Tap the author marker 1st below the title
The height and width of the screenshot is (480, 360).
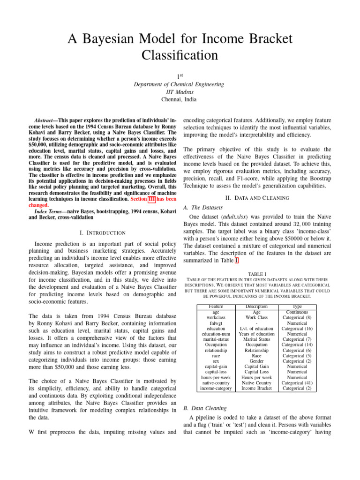click(x=180, y=76)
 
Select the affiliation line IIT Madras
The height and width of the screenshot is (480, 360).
click(x=180, y=92)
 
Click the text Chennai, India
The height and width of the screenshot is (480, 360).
click(x=180, y=99)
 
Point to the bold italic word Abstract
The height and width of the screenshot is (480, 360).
click(x=46, y=120)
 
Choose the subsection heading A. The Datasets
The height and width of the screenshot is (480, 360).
click(x=202, y=207)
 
